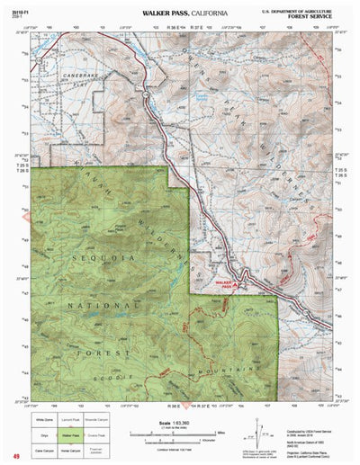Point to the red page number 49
16,456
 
